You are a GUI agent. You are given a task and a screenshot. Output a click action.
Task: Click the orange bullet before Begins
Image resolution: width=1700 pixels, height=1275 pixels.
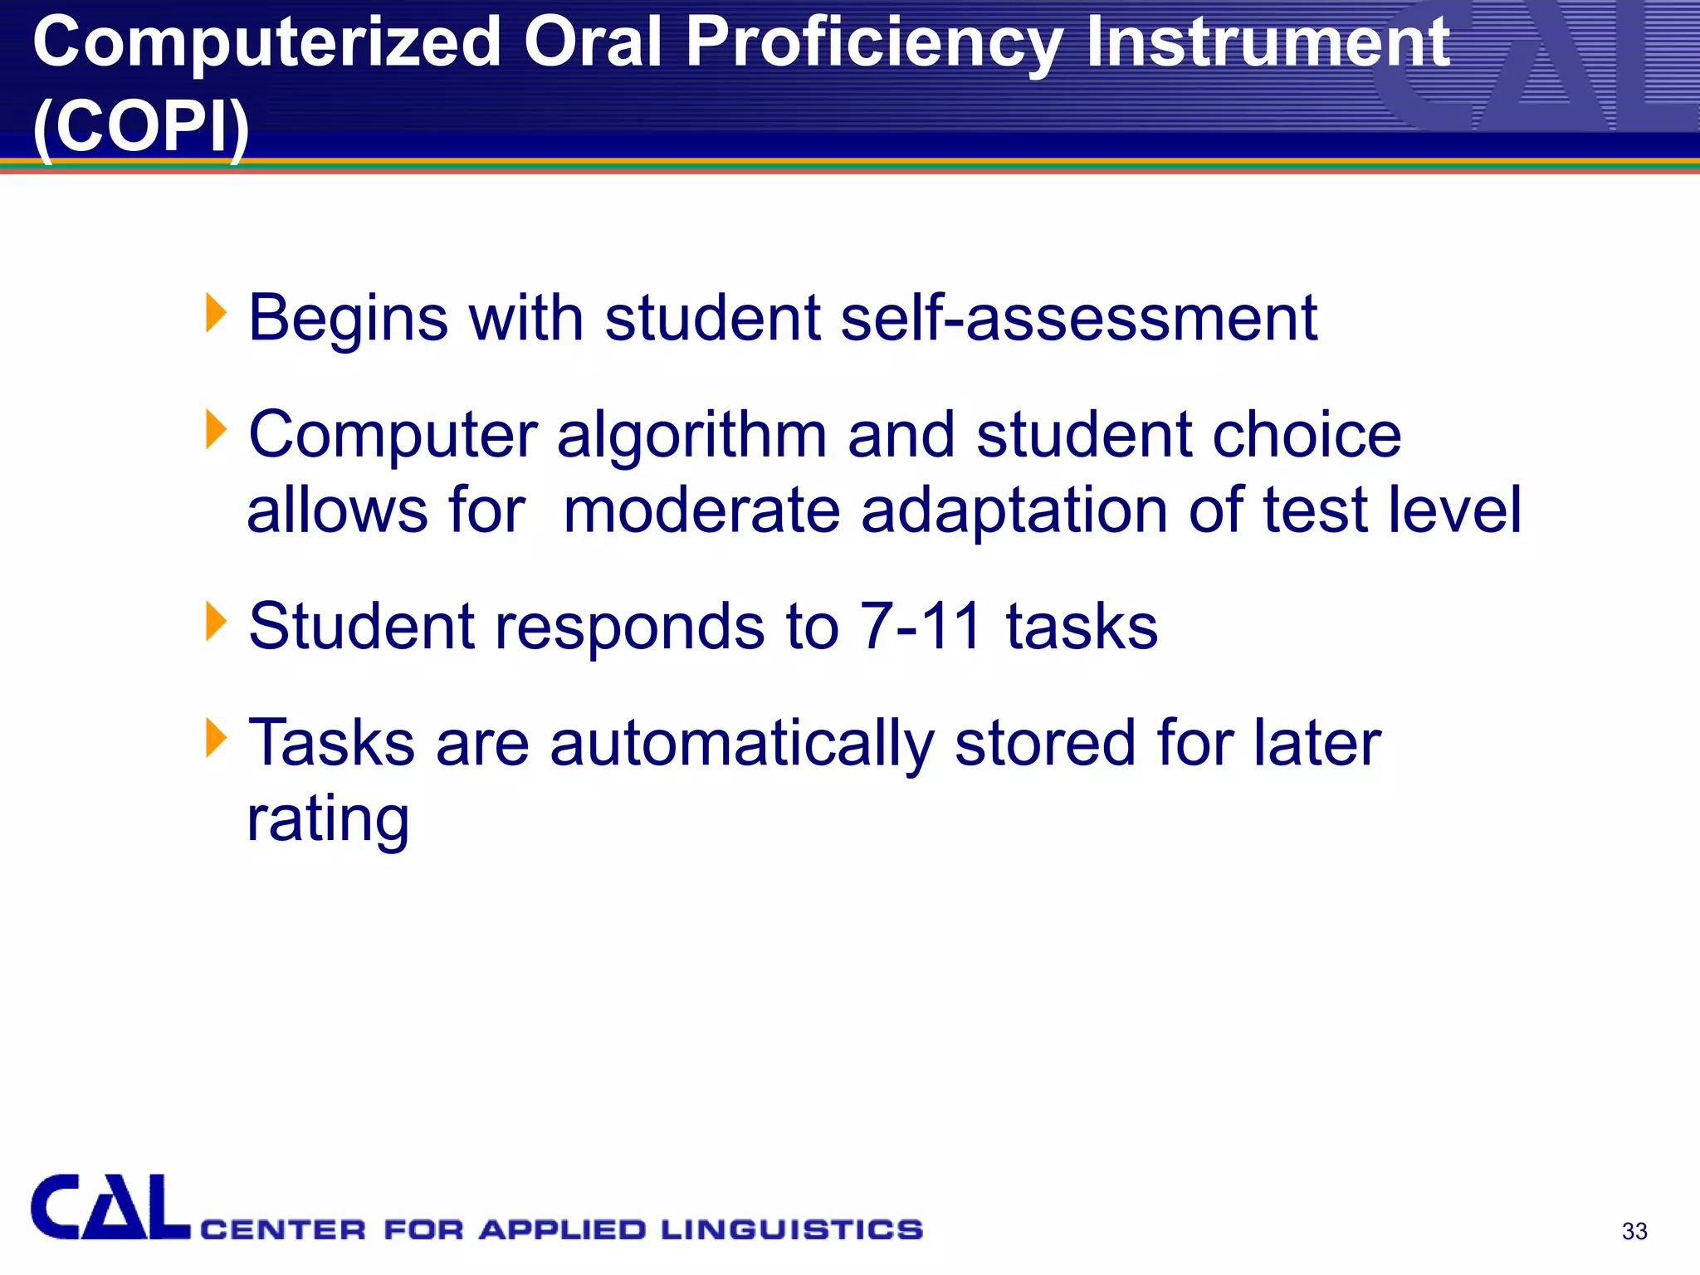tap(216, 313)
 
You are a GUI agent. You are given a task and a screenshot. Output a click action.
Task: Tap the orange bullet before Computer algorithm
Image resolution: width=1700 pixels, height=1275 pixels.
tap(216, 429)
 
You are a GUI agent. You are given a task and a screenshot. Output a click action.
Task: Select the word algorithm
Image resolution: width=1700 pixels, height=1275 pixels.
tap(691, 435)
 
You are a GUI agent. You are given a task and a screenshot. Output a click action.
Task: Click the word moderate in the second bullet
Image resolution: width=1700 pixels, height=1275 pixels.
tap(701, 510)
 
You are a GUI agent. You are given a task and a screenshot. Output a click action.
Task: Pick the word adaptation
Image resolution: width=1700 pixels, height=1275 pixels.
tap(1014, 510)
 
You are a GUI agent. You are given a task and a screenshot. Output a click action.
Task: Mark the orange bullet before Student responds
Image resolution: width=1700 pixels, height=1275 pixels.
tap(216, 621)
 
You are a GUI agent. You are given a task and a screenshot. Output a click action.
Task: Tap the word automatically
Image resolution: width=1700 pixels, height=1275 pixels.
tap(741, 743)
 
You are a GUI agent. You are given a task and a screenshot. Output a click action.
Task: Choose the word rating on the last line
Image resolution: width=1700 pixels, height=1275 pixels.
tap(329, 819)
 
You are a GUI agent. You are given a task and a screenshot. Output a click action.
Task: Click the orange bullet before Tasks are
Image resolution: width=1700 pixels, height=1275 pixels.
tap(216, 737)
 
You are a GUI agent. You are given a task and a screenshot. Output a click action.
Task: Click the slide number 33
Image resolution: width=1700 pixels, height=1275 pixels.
tap(1634, 1231)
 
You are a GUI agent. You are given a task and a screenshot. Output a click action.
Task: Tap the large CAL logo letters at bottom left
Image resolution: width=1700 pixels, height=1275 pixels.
tap(110, 1208)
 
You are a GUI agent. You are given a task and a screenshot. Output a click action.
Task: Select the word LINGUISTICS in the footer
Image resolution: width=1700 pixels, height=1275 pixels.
tap(792, 1229)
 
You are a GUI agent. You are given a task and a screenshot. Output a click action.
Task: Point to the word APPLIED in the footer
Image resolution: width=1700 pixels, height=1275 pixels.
tap(562, 1229)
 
